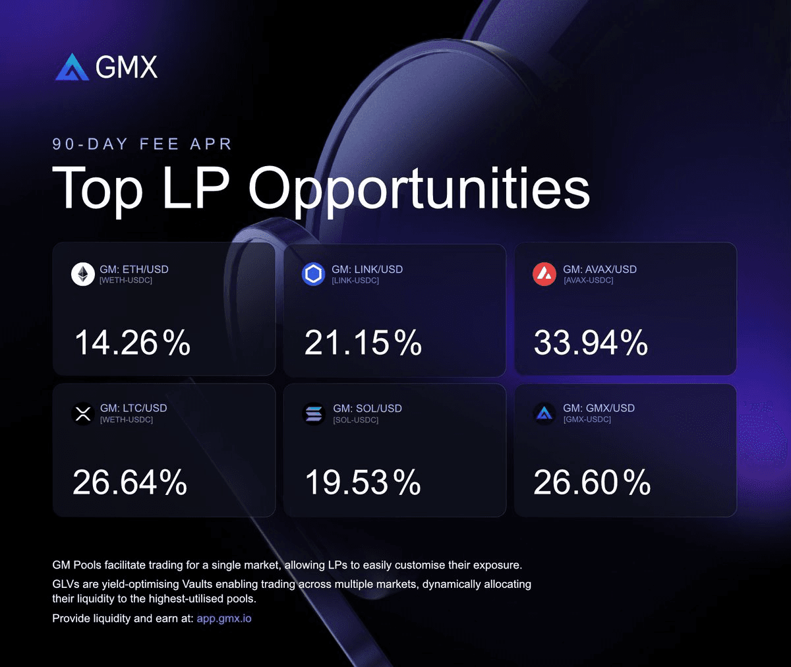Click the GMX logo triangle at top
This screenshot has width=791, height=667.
tap(72, 67)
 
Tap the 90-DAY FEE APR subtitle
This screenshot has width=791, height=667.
tap(142, 144)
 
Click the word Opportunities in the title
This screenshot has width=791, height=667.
tap(419, 189)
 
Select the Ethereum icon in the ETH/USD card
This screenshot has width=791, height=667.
tap(83, 274)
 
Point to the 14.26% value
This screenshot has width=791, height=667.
tap(132, 343)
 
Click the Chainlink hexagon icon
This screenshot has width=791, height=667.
tap(314, 274)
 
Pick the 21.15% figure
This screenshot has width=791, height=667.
tap(363, 343)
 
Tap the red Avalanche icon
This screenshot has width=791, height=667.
tap(544, 274)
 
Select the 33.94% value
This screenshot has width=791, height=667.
tap(591, 343)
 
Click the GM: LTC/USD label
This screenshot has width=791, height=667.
tap(133, 409)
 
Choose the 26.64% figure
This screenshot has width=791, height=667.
tap(130, 482)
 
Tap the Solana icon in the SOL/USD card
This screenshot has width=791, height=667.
tap(314, 414)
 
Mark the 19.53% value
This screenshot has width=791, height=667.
tap(363, 482)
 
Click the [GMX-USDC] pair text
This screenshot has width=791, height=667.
tap(587, 420)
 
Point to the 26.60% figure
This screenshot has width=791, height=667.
tap(592, 482)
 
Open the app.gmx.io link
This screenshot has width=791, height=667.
tap(224, 619)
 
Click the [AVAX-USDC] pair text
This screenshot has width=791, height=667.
tap(588, 281)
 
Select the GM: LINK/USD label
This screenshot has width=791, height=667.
tap(367, 270)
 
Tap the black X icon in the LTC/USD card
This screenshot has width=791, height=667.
tap(83, 414)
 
